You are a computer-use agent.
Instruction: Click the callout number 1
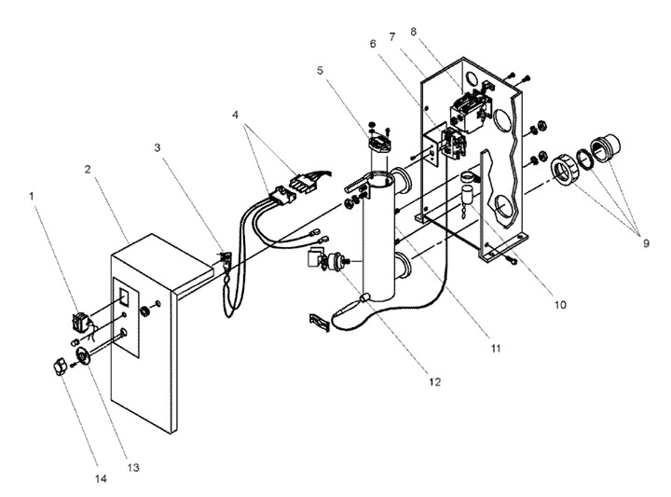(32, 196)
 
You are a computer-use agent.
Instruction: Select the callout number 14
(101, 478)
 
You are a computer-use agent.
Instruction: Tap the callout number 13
(133, 467)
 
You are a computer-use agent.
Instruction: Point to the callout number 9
(646, 243)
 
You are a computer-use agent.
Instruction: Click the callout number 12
(434, 382)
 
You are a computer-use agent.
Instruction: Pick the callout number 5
(320, 70)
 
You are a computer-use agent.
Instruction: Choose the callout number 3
(157, 147)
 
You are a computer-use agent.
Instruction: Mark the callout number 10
(560, 305)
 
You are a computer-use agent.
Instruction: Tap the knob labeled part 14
(59, 367)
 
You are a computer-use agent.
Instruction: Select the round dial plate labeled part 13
(82, 356)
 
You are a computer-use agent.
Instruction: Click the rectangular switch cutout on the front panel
(124, 297)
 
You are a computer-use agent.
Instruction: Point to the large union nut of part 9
(564, 172)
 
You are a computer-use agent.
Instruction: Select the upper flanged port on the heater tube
(401, 181)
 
